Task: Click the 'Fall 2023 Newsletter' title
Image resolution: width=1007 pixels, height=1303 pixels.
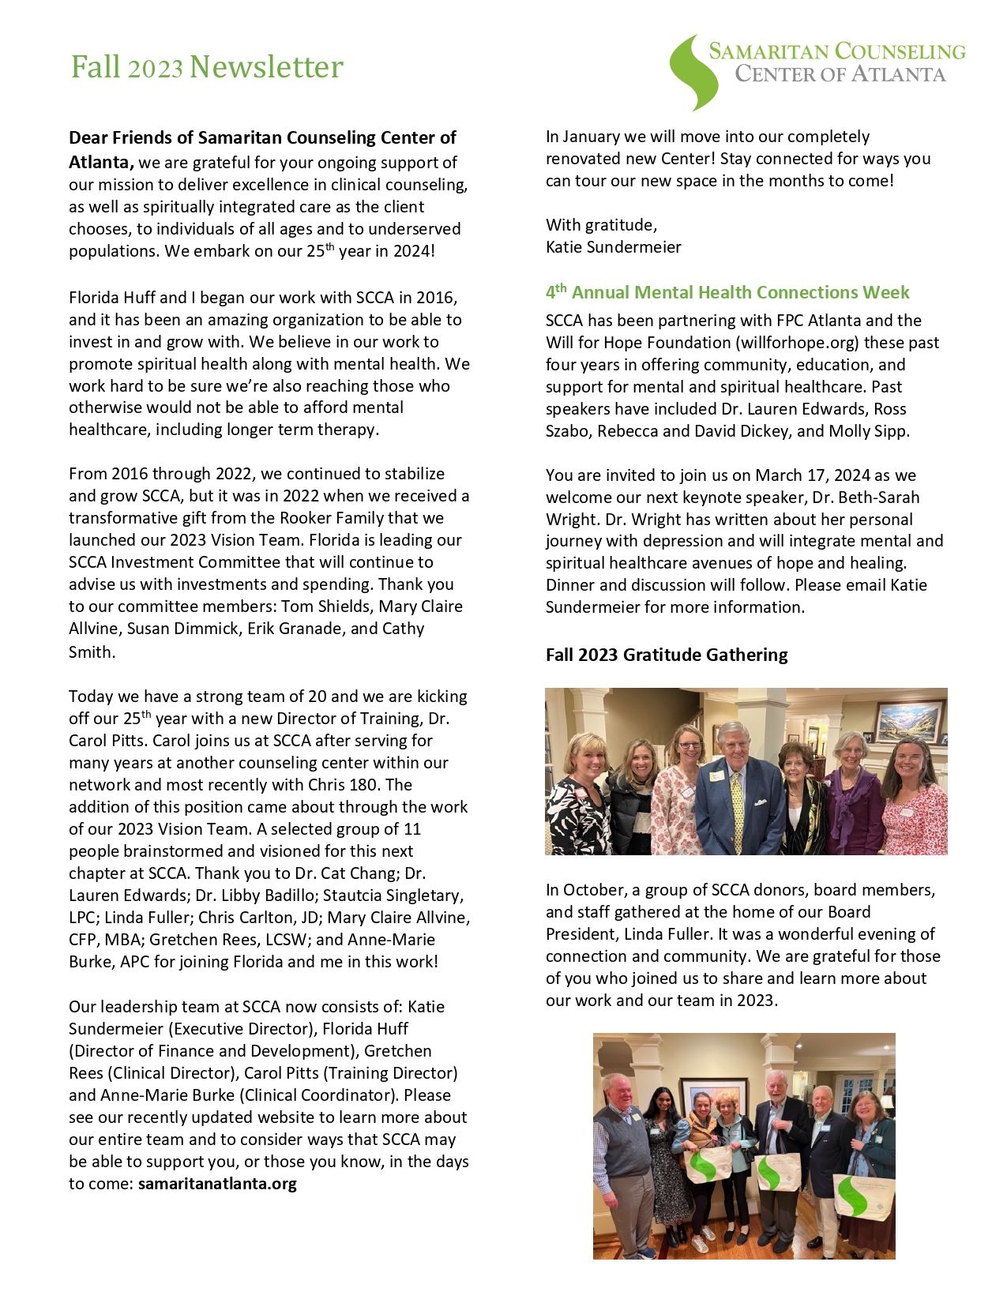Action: (x=207, y=67)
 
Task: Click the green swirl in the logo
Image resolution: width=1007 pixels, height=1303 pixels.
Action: (x=693, y=72)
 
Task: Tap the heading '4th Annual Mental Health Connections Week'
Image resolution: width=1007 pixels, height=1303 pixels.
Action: (x=727, y=292)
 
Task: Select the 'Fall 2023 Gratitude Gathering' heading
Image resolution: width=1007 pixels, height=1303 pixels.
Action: (x=667, y=655)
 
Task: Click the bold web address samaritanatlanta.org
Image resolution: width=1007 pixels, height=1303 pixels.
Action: (x=217, y=1184)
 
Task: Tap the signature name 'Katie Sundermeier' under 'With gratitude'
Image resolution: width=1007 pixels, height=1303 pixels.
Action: (x=613, y=247)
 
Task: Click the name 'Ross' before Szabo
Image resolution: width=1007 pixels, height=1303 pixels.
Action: (x=890, y=409)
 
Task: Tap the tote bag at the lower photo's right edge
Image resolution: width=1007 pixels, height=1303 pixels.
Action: (x=863, y=1196)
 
